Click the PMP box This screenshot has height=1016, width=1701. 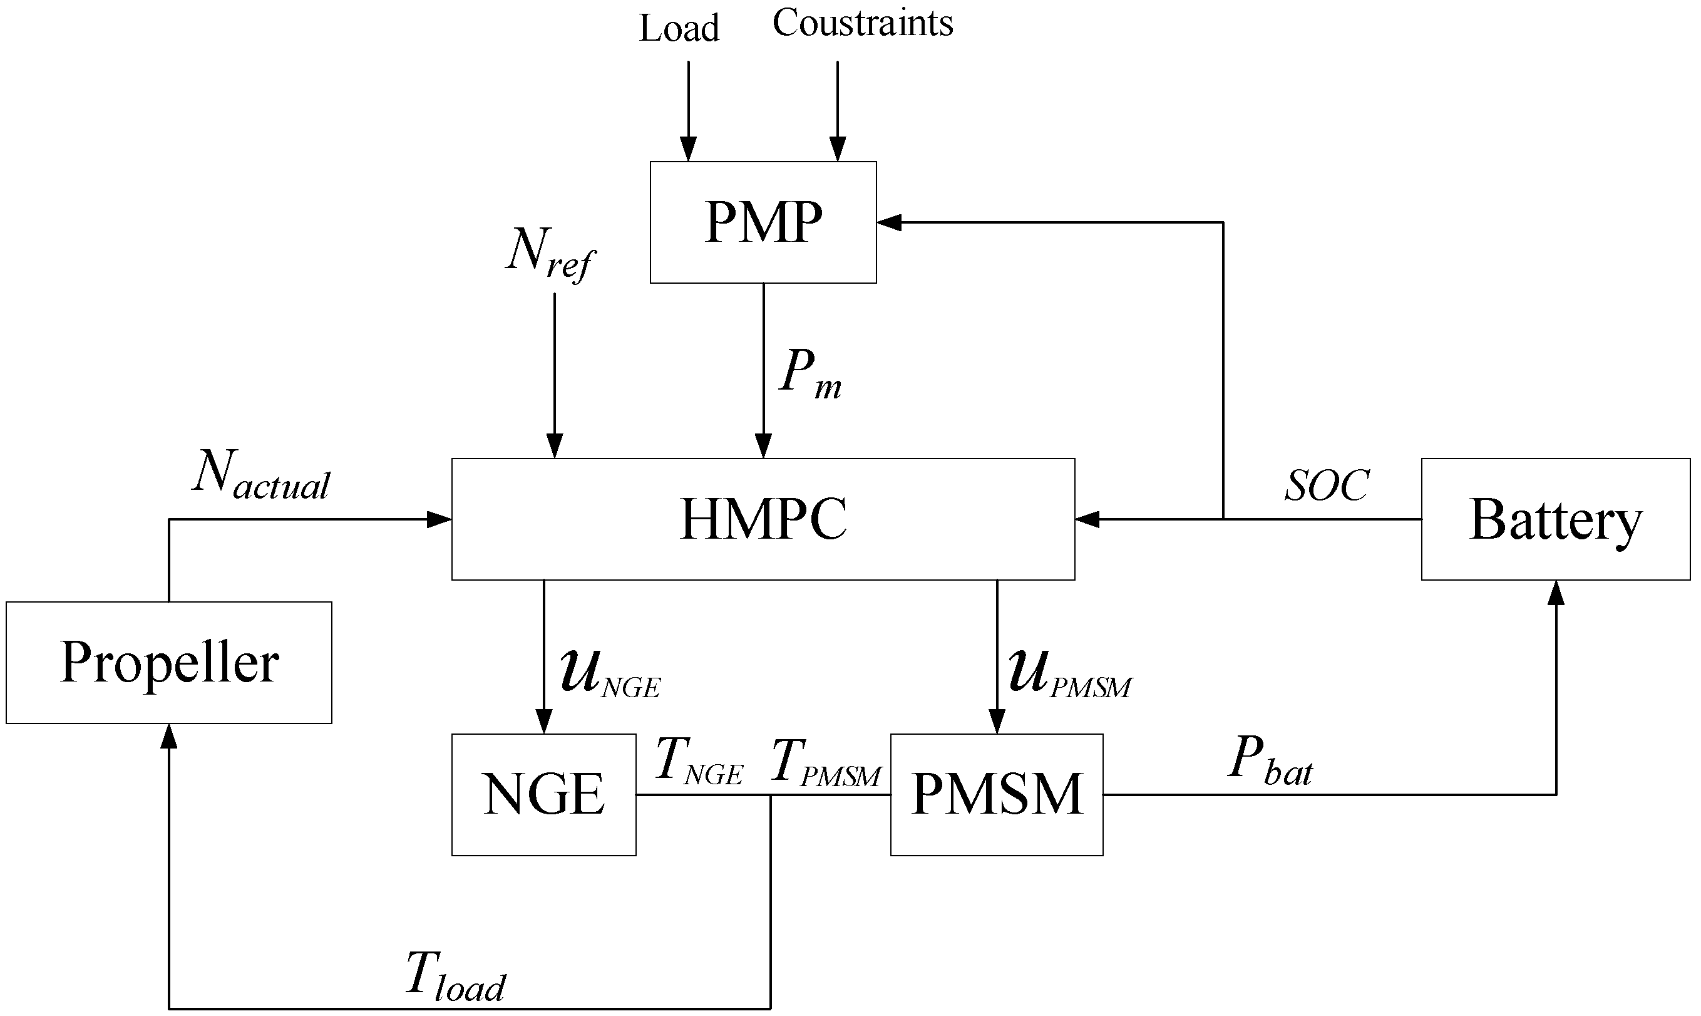[x=763, y=222]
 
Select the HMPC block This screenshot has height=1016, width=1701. [x=763, y=519]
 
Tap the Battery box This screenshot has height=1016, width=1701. [x=1555, y=519]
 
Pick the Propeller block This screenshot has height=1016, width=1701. [x=169, y=662]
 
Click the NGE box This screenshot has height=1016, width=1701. [x=544, y=794]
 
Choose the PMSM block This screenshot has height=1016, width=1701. [x=996, y=794]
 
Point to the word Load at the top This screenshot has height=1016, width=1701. [x=679, y=29]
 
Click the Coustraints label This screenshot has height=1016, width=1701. [x=862, y=23]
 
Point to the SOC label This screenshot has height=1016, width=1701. [x=1326, y=485]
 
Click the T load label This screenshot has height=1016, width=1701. [x=455, y=978]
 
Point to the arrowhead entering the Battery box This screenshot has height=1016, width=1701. [x=1556, y=593]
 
